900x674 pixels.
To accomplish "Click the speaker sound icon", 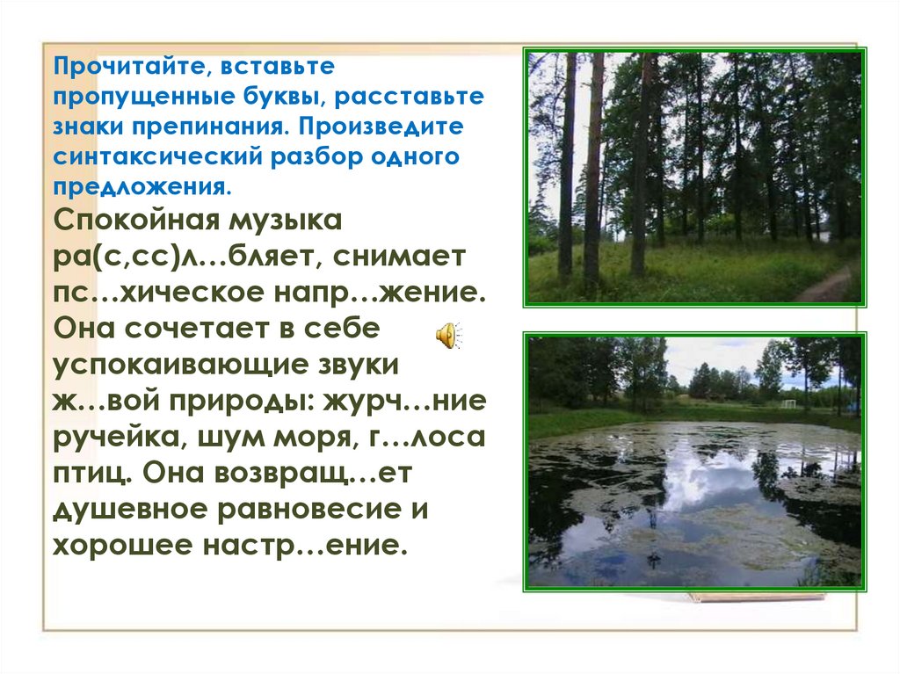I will (447, 335).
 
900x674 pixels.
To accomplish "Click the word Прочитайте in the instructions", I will (108, 67).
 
